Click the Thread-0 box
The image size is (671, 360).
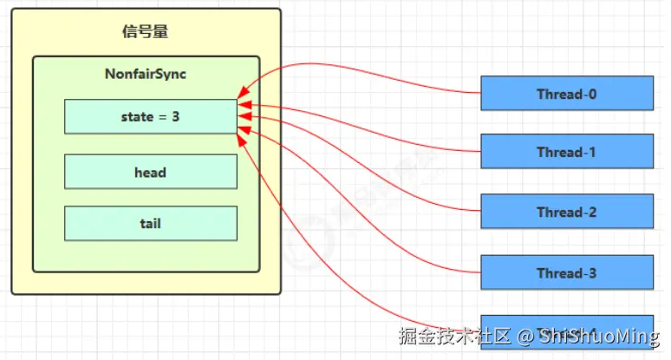click(567, 94)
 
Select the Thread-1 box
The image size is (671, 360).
click(567, 152)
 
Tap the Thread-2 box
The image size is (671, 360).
click(567, 212)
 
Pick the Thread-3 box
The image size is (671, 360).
click(567, 273)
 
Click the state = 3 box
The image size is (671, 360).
click(150, 116)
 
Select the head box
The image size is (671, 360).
click(150, 172)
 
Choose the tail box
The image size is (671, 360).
click(150, 223)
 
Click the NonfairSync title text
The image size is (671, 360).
click(146, 74)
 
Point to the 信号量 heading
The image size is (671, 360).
click(145, 32)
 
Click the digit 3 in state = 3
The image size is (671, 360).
click(176, 116)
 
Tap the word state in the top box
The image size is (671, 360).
click(137, 116)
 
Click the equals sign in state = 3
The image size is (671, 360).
click(162, 116)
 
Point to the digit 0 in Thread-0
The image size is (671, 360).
click(592, 94)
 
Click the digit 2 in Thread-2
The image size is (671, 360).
click(592, 212)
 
